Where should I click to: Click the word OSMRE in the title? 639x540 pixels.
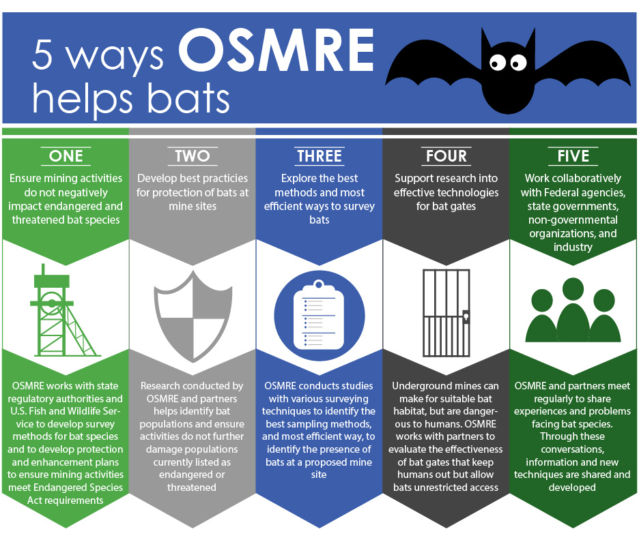[276, 50]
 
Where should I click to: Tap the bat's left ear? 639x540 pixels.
[487, 42]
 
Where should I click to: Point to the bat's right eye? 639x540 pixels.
[518, 63]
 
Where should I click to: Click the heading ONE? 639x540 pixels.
[66, 156]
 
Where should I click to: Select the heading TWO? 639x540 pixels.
[193, 156]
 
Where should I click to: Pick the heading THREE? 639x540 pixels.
[319, 156]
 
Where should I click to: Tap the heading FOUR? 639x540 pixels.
[446, 156]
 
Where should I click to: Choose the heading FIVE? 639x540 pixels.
[573, 156]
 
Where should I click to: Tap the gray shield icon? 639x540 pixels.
[193, 316]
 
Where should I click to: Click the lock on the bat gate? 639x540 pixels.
[466, 316]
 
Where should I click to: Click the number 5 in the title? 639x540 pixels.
[42, 55]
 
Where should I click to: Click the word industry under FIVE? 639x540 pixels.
[573, 247]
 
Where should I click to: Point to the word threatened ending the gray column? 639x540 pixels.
[192, 487]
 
